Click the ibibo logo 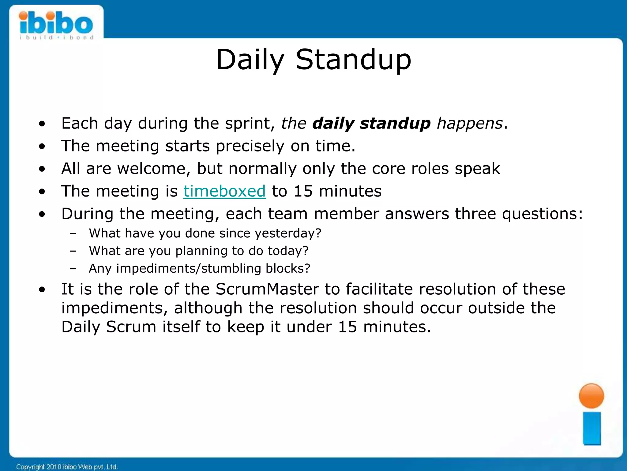tap(56, 25)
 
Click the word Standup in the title tap(353, 60)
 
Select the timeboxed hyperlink tap(224, 191)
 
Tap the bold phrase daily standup tap(371, 123)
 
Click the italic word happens tap(470, 123)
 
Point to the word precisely tap(250, 146)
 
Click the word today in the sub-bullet tap(288, 251)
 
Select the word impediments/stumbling tap(189, 269)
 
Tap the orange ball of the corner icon tap(591, 396)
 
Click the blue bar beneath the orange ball tap(592, 428)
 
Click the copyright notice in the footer tap(67, 467)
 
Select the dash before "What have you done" tap(73, 234)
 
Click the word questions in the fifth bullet tap(542, 214)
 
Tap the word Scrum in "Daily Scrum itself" tap(131, 327)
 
